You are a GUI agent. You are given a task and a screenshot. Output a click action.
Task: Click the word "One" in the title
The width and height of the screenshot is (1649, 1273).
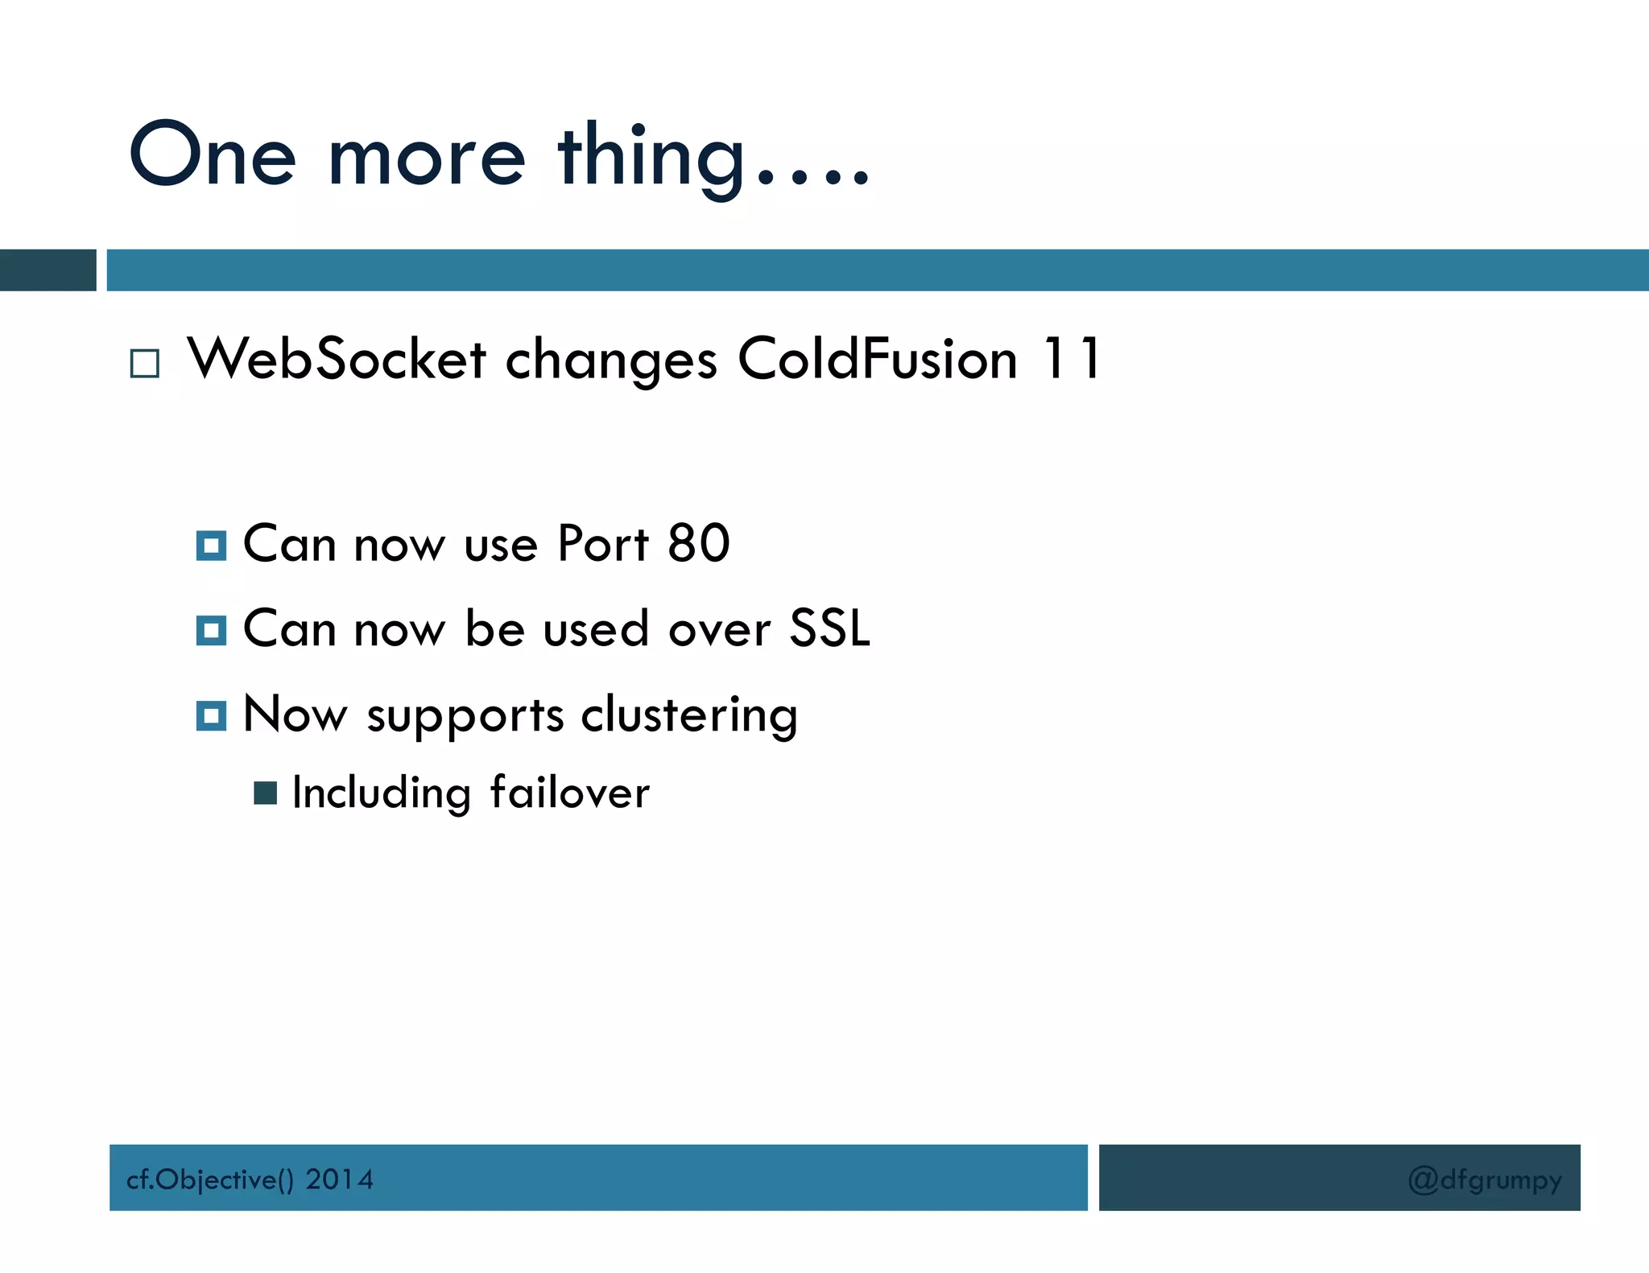click(213, 154)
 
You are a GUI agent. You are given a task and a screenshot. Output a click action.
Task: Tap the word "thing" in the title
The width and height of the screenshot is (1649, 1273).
click(651, 157)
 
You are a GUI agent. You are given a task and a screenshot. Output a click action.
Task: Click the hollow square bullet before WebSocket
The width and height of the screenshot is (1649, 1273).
click(145, 364)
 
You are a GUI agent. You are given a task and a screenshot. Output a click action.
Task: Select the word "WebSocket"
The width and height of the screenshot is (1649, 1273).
click(337, 359)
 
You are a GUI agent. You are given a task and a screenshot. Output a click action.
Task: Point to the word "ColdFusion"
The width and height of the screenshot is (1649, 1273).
click(878, 359)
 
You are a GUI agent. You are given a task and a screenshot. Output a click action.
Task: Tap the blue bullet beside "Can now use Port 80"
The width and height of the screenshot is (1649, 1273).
click(211, 546)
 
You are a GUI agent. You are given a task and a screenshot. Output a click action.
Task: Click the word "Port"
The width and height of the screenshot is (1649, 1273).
click(602, 544)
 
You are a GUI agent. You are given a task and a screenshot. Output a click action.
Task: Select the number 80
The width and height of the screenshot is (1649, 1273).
click(699, 544)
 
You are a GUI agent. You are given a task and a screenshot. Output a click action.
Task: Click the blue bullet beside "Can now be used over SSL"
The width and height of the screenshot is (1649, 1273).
click(211, 630)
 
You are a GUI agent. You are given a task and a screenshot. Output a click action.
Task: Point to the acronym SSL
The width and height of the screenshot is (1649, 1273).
click(829, 628)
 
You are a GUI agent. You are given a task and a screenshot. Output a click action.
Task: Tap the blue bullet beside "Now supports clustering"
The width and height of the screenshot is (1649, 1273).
click(211, 715)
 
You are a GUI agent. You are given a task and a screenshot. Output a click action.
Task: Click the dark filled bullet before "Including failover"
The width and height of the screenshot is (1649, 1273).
click(265, 793)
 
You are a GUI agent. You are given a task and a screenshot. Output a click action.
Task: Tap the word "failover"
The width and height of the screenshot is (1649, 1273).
click(569, 793)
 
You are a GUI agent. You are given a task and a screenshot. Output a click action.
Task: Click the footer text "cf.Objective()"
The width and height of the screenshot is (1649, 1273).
click(210, 1180)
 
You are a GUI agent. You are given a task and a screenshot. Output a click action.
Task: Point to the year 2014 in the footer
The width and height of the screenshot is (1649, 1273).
click(339, 1180)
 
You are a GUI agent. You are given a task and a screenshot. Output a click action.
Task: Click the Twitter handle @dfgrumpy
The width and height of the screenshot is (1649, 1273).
click(1485, 1180)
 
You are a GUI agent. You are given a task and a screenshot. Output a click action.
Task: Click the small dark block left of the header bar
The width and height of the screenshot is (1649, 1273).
click(48, 270)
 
